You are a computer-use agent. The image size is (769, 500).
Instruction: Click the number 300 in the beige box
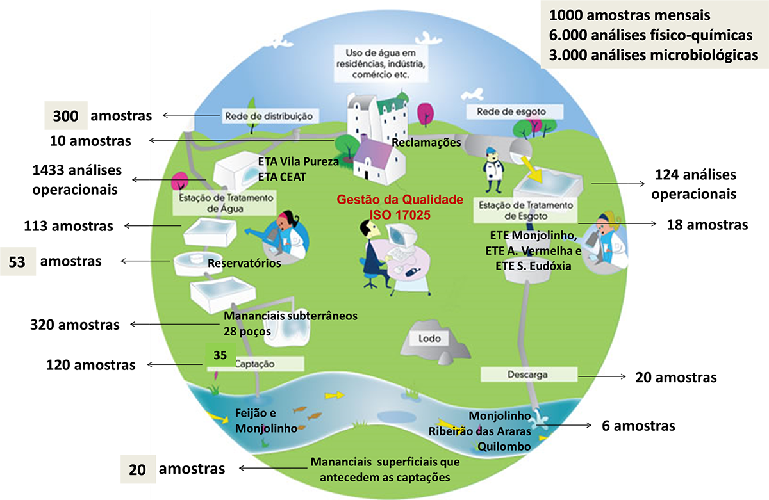[66, 116]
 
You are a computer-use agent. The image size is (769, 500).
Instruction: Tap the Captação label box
[259, 364]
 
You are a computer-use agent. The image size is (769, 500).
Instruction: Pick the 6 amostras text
[638, 426]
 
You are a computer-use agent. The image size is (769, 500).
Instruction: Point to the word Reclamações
[426, 142]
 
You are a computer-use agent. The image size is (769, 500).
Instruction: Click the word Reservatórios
[245, 263]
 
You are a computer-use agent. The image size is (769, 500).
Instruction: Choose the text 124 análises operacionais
[695, 184]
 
